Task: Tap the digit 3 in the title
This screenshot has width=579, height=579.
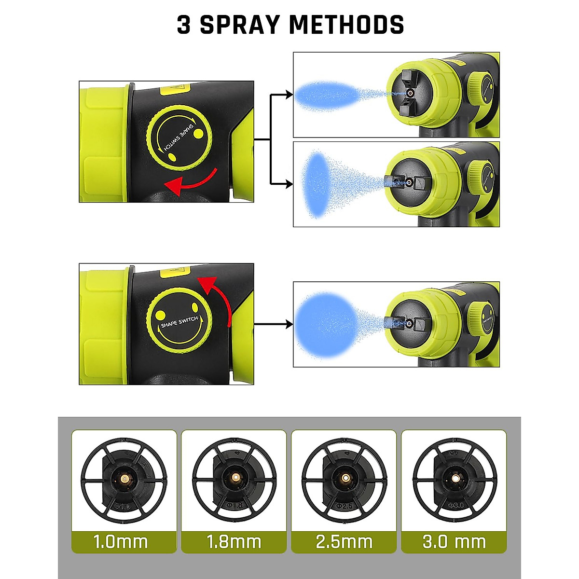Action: (x=184, y=25)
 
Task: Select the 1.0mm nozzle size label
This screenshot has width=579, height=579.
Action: (x=121, y=541)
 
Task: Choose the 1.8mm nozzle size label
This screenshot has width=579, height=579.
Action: (x=234, y=541)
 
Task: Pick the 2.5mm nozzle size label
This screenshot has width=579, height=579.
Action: (x=344, y=541)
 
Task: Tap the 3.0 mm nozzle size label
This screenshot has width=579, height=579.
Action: (x=454, y=541)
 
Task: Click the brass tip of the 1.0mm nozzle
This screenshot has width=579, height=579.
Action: (x=124, y=478)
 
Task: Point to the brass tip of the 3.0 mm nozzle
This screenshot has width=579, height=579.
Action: (x=455, y=478)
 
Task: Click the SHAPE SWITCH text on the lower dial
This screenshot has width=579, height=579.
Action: (x=179, y=322)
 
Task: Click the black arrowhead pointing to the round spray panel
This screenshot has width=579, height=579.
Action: (x=289, y=324)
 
